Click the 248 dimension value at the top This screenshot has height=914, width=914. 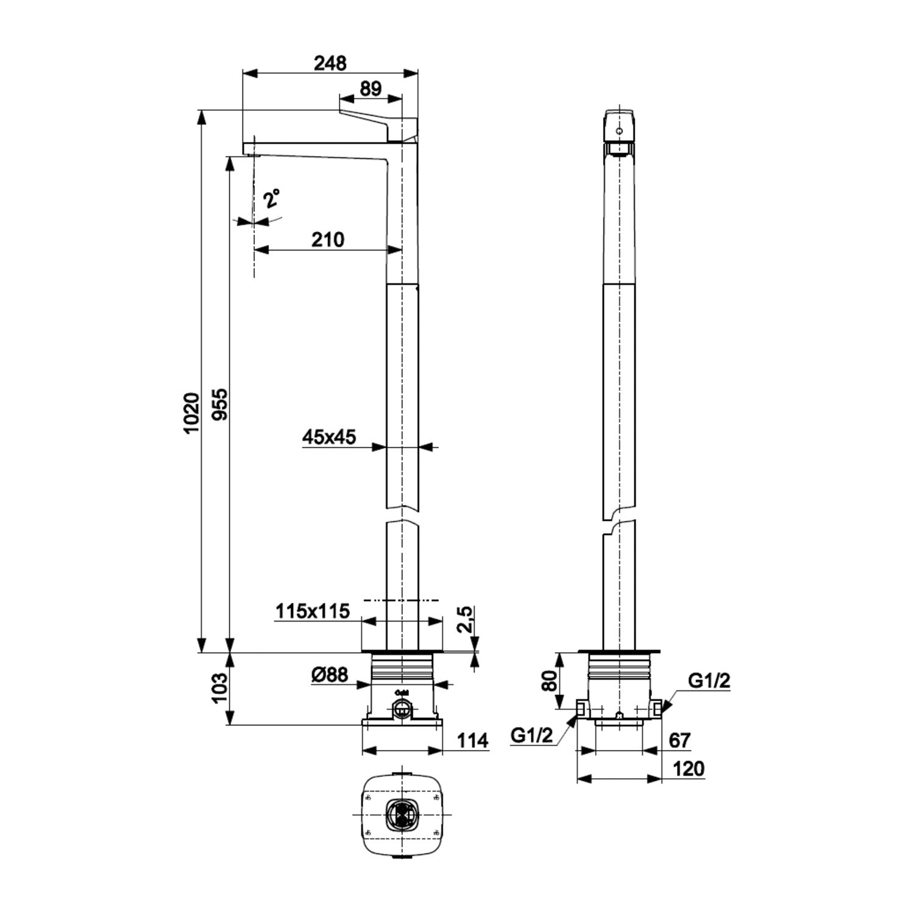[330, 63]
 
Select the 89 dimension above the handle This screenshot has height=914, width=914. [370, 88]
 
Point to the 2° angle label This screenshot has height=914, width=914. [272, 199]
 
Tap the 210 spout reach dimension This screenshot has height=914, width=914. [328, 239]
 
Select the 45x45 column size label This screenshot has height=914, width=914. [329, 437]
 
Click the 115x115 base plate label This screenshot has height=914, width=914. [313, 611]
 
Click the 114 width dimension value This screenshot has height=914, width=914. [473, 741]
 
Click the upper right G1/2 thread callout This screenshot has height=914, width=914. [709, 681]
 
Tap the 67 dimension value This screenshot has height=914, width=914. [679, 740]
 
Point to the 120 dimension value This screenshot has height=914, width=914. [689, 769]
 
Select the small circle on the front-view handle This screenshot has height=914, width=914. [620, 130]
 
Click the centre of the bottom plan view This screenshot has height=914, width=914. [402, 815]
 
